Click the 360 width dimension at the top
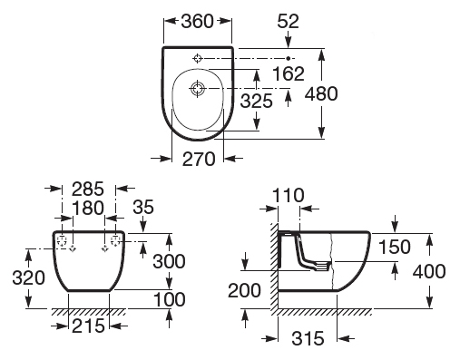(x=197, y=22)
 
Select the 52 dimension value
(x=288, y=22)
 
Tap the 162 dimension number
(x=289, y=73)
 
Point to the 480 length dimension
(x=321, y=93)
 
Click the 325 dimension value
(x=257, y=101)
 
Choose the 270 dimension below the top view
(x=199, y=159)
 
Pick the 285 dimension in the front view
(x=88, y=189)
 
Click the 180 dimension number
(x=88, y=208)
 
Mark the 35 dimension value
(x=143, y=207)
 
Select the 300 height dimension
(x=169, y=261)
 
